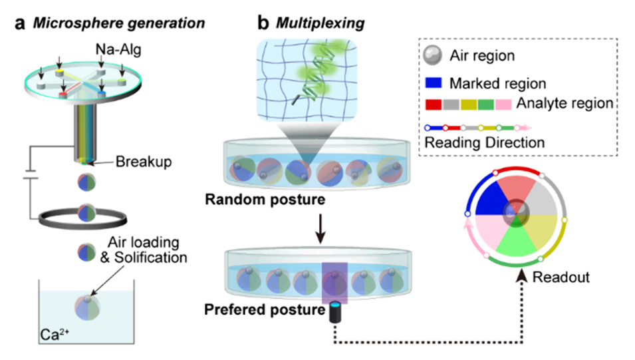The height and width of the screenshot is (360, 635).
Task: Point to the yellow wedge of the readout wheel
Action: pyautogui.click(x=537, y=231)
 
